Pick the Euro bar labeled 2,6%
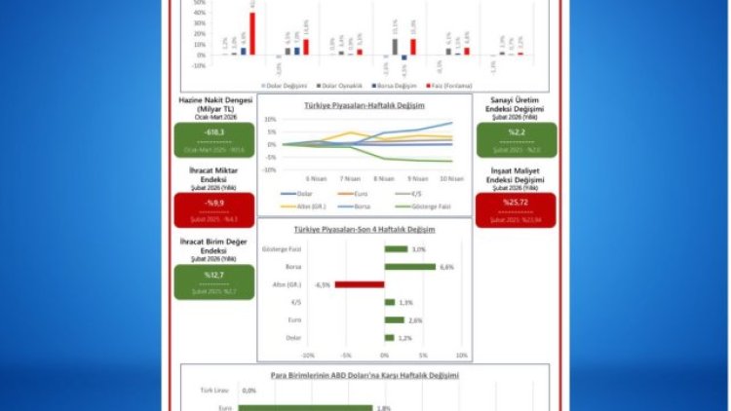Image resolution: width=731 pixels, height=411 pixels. coord(394,319)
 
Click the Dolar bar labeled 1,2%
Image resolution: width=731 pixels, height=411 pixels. coord(389,337)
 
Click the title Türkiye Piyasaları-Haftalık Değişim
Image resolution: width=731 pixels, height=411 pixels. coord(365,104)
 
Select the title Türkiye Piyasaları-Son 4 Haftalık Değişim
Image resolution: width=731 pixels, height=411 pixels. coord(365,230)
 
